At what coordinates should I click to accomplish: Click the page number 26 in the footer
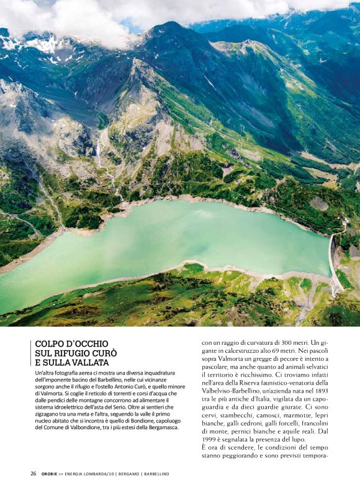pyautogui.click(x=33, y=474)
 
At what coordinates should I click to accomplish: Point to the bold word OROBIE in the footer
pyautogui.click(x=51, y=474)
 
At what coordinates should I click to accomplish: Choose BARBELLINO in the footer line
pyautogui.click(x=157, y=474)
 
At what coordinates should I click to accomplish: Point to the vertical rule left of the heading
pyautogui.click(x=30, y=353)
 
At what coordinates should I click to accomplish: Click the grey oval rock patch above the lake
pyautogui.click(x=319, y=203)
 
